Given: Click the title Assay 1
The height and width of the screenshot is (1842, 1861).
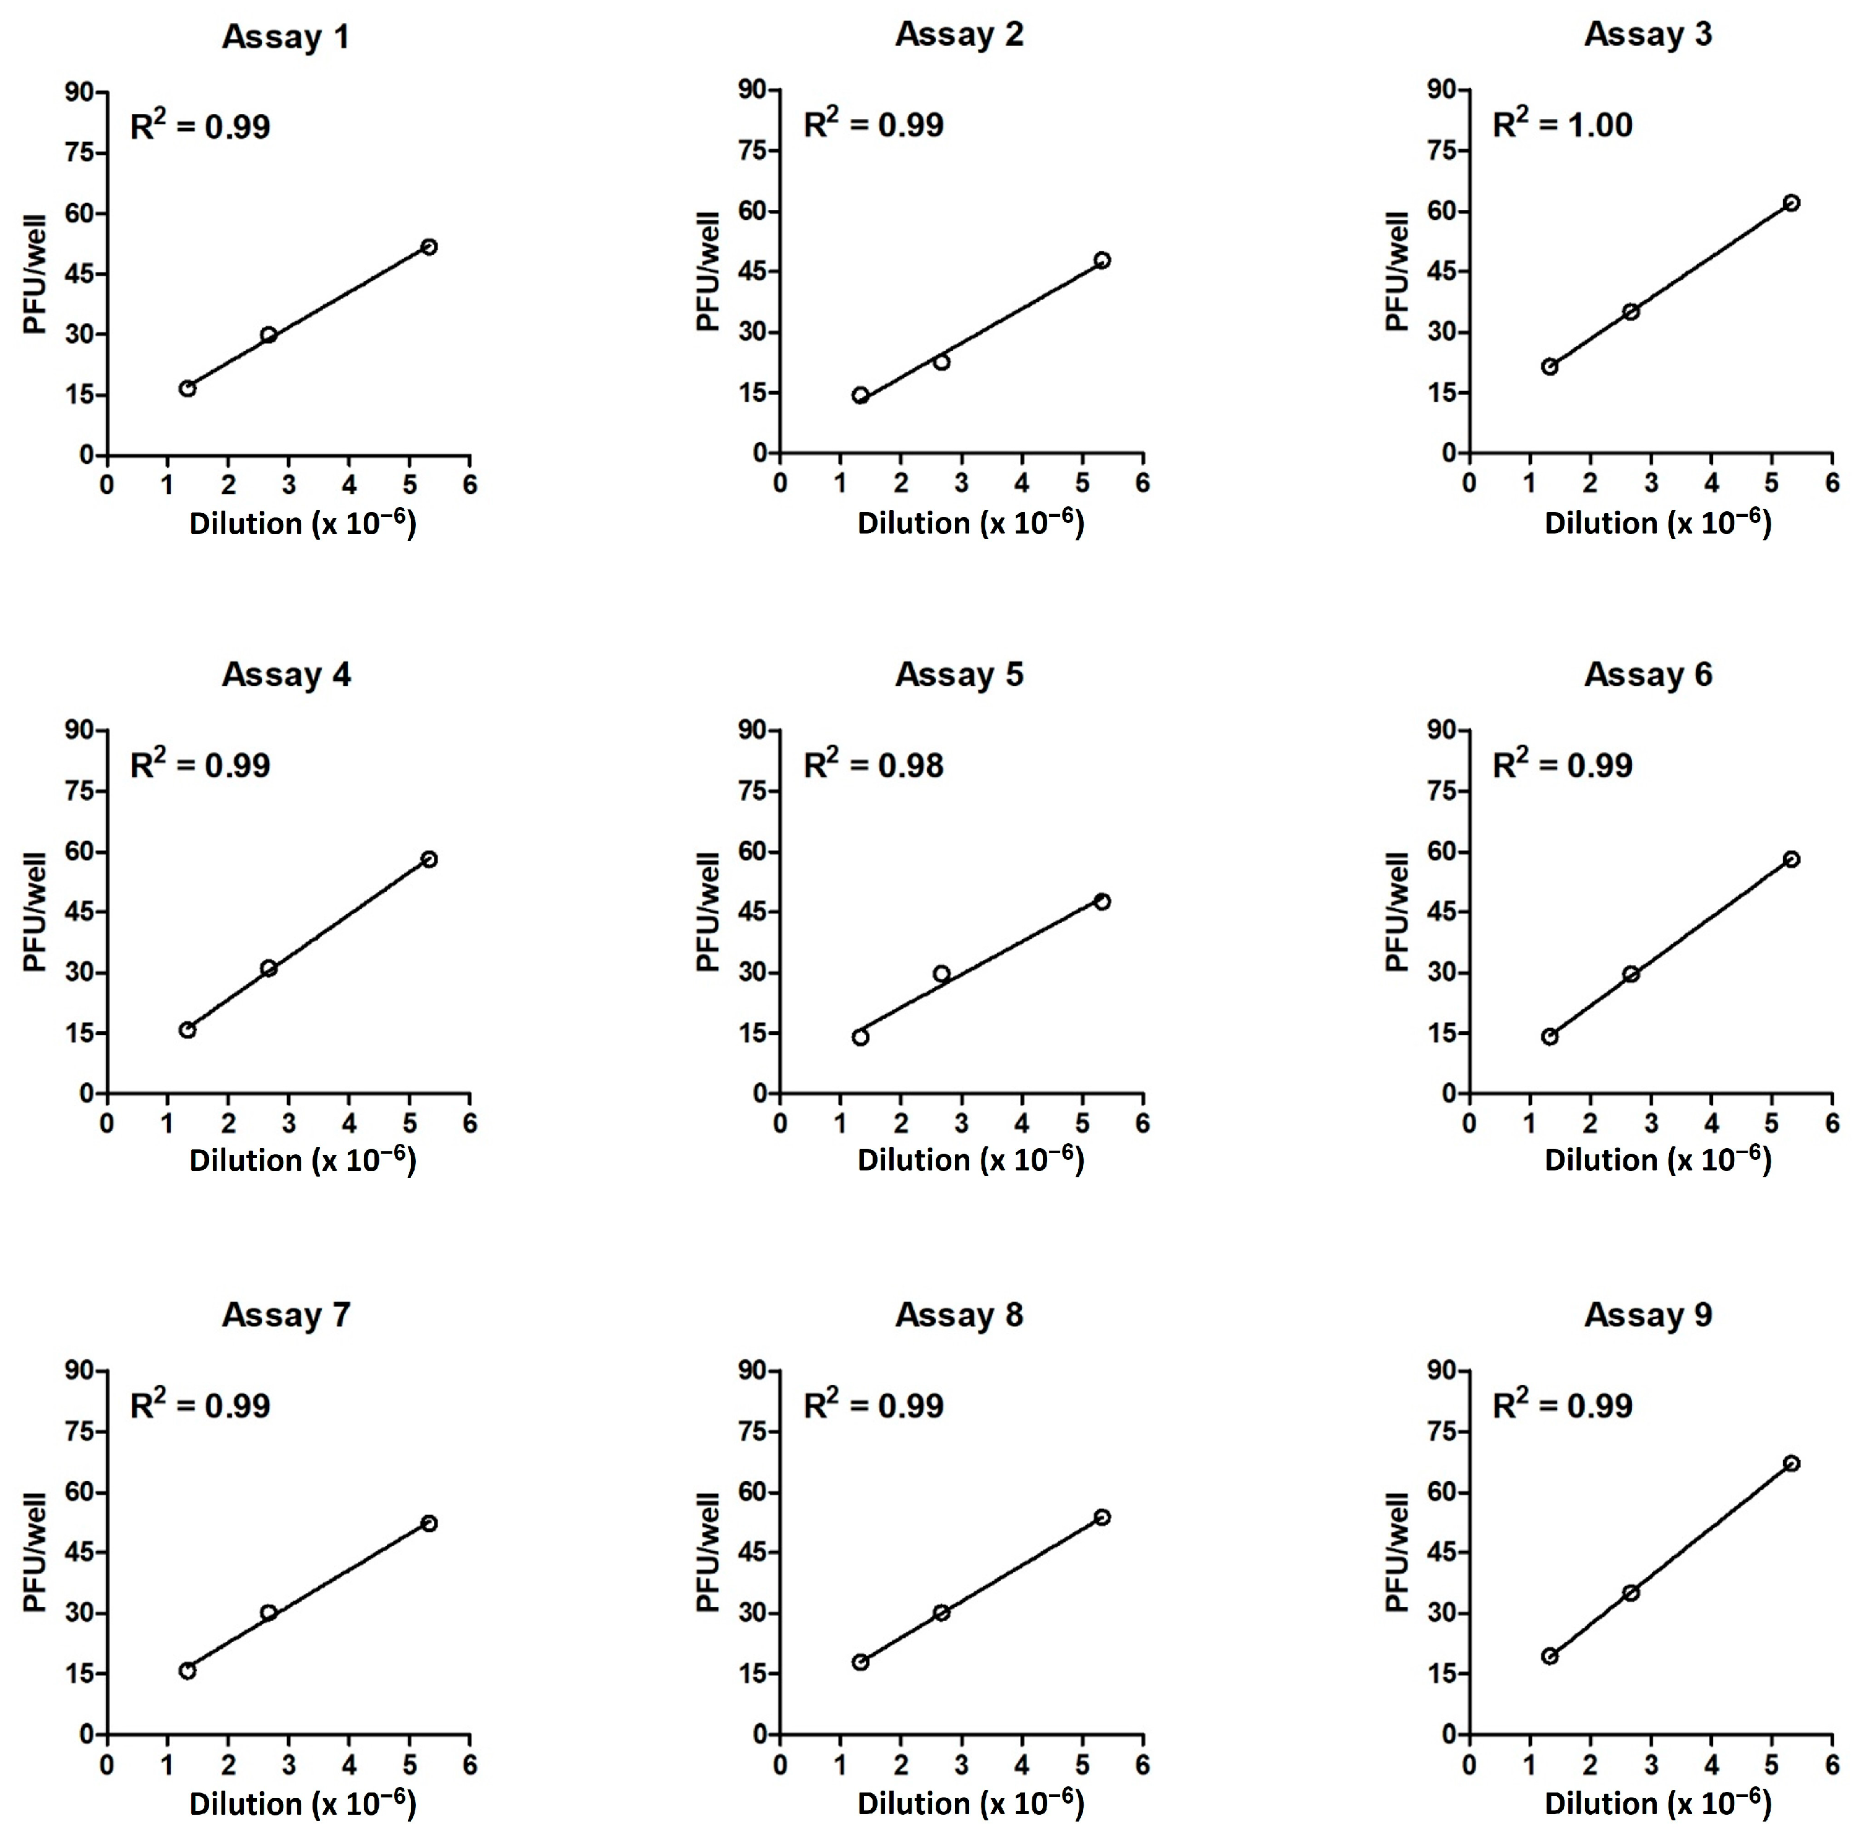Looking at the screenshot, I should coord(285,37).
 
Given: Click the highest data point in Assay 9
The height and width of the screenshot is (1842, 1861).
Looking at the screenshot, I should coord(1790,1463).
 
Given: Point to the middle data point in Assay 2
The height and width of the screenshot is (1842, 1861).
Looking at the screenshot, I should coord(941,361).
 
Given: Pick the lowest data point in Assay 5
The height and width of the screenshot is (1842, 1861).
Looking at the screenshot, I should coord(860,1037).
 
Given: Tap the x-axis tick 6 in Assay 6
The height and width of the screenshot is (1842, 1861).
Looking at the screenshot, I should coord(1831,1123).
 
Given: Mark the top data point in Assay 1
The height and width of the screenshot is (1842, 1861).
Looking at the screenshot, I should coord(429,246).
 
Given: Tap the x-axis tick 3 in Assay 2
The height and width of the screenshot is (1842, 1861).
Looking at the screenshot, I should coord(961,483).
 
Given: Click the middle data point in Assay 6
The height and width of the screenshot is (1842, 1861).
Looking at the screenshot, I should coord(1631,974).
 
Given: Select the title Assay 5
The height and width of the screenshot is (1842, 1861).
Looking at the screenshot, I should coord(959,675).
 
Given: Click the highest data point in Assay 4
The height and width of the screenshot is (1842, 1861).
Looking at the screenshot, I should coord(429,858).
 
